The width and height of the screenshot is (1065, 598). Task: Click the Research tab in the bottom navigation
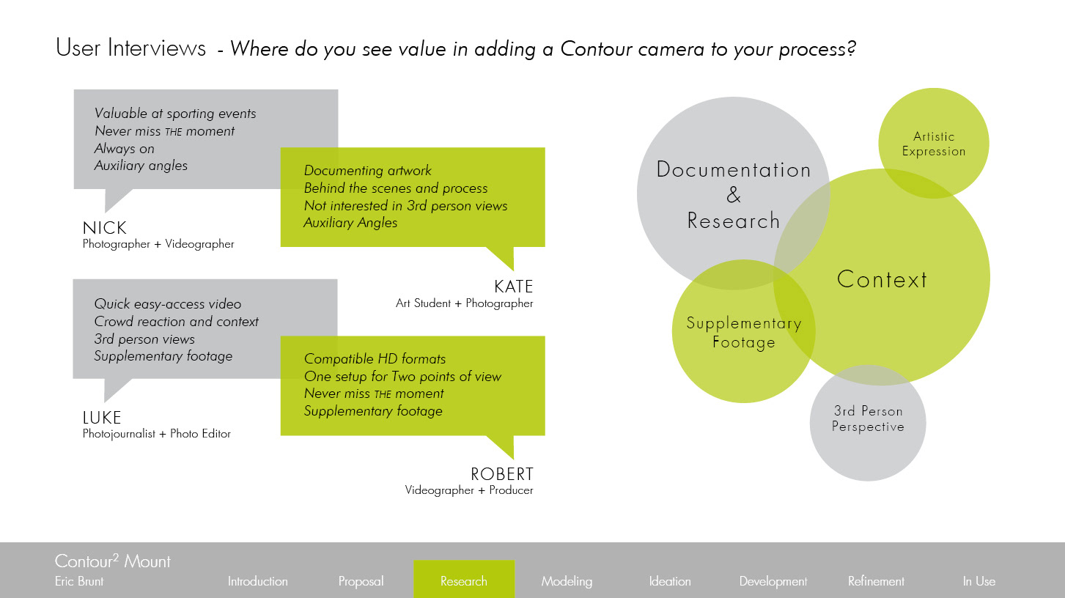coord(463,581)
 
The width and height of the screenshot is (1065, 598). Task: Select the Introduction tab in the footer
coord(257,581)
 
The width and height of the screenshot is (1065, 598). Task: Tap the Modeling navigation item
coord(567,581)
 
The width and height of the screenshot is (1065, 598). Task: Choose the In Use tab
coord(979,581)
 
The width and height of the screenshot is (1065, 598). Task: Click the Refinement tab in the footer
coord(876,581)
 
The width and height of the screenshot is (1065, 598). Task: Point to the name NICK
coord(105,229)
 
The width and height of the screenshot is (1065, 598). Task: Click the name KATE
coord(513,287)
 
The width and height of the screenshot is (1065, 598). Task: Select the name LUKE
coord(102,418)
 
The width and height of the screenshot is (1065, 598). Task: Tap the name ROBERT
coord(502,474)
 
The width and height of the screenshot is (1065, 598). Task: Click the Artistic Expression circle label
coord(934,144)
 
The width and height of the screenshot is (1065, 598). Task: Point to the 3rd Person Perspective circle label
coord(868,418)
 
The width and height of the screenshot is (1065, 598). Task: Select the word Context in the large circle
coord(882,279)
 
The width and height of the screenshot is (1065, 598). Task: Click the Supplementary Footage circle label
coord(743,333)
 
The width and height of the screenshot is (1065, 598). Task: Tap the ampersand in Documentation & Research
coord(734,196)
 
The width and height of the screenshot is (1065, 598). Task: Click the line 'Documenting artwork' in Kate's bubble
coord(367,171)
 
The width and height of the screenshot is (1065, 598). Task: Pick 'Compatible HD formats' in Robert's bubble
coord(375,359)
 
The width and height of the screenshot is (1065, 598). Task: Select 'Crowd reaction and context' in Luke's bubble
coord(176,322)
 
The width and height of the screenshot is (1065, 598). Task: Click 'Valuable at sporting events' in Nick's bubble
coord(175,114)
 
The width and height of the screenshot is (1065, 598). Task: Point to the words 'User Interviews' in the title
coord(131,48)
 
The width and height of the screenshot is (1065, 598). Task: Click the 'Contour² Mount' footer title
coord(113,562)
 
